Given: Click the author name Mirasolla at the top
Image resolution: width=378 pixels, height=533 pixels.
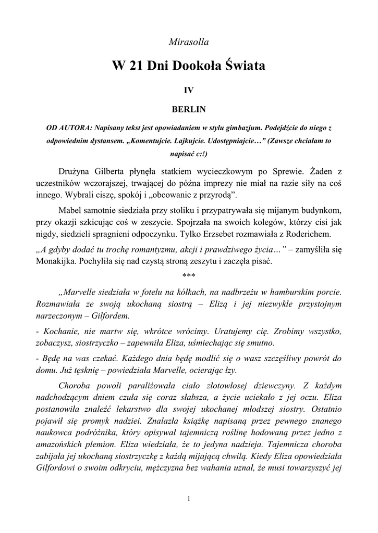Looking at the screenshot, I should [x=189, y=41].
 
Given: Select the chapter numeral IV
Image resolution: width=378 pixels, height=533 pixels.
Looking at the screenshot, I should [x=189, y=90].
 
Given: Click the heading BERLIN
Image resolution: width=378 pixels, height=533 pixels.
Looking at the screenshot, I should [x=189, y=109].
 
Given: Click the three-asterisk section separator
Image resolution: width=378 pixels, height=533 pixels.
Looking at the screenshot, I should [x=189, y=274].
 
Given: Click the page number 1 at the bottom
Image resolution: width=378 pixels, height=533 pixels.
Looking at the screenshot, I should [x=189, y=500].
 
